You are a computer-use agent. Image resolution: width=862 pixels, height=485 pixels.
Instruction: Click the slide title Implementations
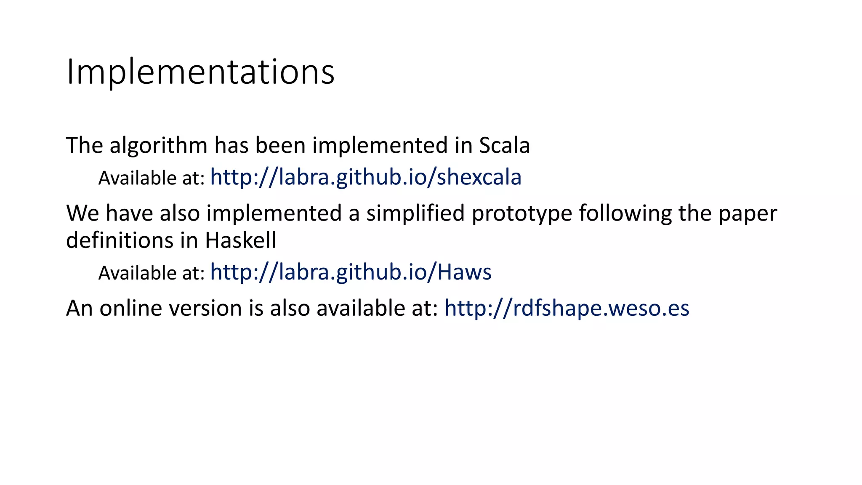200,72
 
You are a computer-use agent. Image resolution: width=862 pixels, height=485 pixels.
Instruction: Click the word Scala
504,146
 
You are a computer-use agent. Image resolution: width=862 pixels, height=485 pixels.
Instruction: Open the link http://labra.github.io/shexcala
365,177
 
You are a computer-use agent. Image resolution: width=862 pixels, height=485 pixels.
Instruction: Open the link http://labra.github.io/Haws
351,272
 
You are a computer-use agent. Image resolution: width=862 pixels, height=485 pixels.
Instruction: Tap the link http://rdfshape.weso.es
567,308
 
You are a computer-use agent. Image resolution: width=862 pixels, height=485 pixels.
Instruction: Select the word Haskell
240,241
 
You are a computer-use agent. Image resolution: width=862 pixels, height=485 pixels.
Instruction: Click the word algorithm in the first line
158,146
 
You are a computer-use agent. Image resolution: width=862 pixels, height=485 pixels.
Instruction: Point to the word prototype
521,213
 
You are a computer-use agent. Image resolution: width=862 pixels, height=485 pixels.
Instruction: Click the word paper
747,213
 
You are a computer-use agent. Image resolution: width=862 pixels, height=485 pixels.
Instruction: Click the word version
205,308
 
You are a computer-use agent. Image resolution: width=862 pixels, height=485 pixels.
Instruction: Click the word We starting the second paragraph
82,213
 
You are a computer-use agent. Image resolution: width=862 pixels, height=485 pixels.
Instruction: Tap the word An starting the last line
79,308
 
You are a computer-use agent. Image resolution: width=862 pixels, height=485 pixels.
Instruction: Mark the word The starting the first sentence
84,146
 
